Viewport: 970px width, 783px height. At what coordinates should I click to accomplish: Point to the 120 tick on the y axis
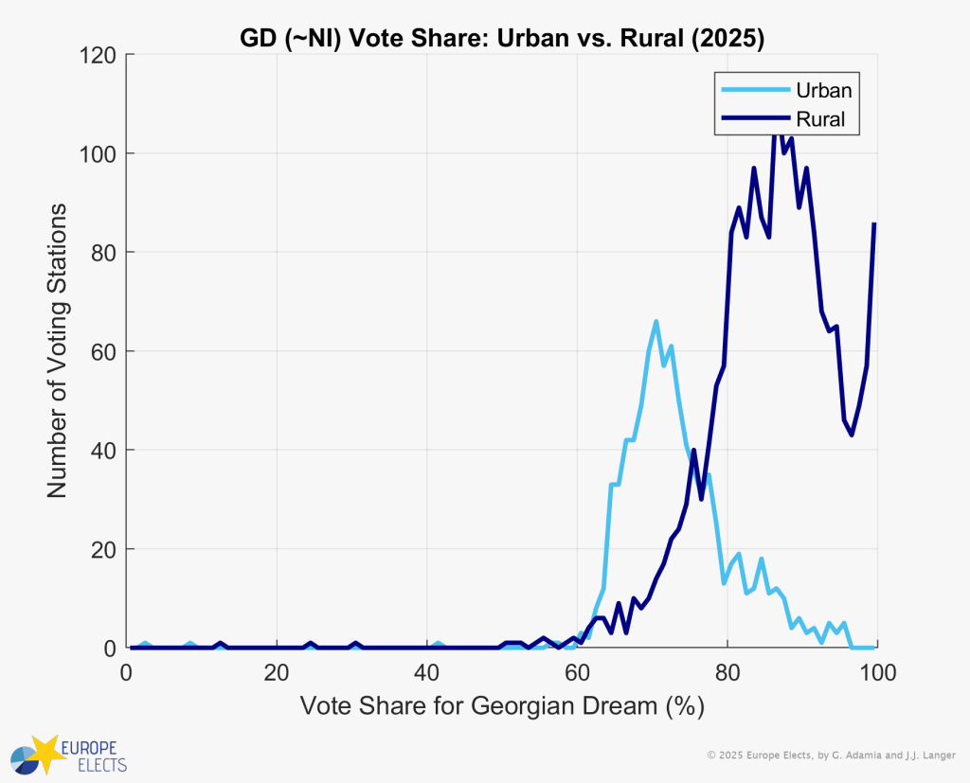coord(99,55)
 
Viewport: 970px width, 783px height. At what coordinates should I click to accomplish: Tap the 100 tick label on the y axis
coord(99,153)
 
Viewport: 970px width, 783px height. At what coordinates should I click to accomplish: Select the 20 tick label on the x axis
coord(277,672)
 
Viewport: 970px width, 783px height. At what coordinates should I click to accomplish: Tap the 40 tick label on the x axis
coord(426,672)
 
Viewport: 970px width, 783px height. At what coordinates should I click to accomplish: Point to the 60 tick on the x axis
coord(577,672)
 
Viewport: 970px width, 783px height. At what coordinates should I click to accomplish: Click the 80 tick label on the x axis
coord(727,672)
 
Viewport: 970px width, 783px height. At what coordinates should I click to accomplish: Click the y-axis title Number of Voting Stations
coord(57,350)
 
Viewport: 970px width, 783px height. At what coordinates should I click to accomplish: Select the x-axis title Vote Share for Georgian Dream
coord(501,706)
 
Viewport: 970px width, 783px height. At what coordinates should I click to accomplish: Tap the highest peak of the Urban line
coord(656,322)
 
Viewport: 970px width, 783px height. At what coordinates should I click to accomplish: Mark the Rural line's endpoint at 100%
coord(874,223)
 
